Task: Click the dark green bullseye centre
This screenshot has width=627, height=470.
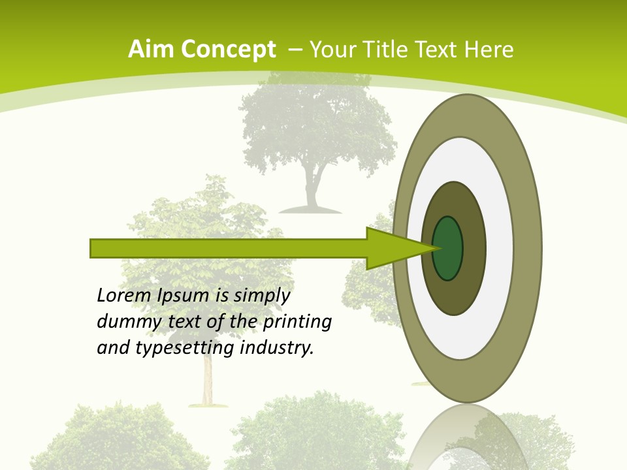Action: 447,249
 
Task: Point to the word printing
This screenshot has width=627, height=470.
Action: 297,322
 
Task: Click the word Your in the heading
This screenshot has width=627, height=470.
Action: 331,49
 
